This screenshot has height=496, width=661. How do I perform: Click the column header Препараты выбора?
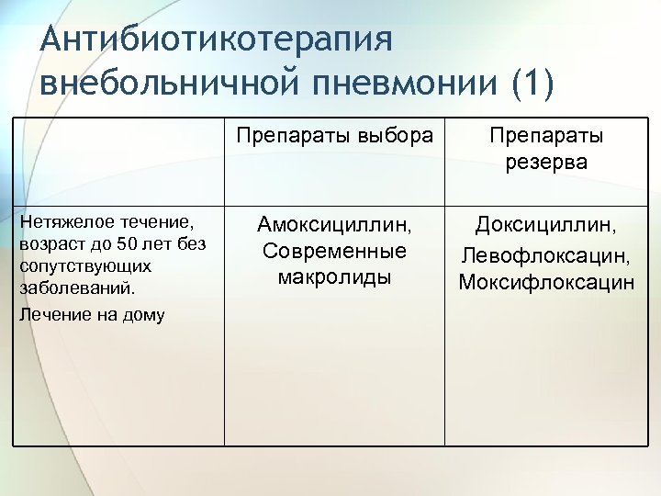(334, 136)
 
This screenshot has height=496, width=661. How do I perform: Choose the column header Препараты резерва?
(546, 149)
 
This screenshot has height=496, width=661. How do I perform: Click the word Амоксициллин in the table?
(334, 225)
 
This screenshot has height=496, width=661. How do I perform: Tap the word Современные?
(334, 251)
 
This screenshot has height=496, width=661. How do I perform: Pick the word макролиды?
(334, 276)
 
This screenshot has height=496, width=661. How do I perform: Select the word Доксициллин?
(546, 225)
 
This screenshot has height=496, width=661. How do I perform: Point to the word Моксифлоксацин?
(546, 282)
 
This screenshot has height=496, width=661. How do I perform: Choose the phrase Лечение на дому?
(92, 315)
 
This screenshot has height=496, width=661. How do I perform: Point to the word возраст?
(47, 244)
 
